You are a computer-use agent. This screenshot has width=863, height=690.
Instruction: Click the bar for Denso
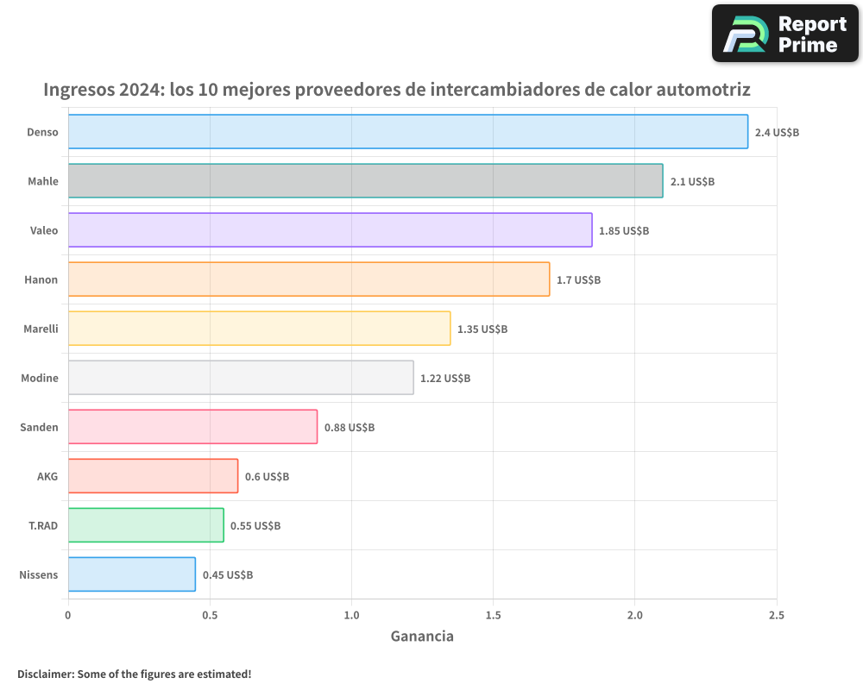[x=407, y=132]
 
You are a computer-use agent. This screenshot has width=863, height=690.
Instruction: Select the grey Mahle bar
[x=365, y=181]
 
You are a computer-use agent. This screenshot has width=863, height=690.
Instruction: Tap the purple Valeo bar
[x=330, y=230]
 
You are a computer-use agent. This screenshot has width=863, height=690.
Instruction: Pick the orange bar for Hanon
[x=308, y=279]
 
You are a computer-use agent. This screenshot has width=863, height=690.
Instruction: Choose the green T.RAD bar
[x=145, y=525]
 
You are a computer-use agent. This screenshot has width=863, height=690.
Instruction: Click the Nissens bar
[x=131, y=574]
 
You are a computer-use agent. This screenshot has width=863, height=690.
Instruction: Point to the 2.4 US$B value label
[x=777, y=133]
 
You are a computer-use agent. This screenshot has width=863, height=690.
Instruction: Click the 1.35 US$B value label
[x=482, y=329]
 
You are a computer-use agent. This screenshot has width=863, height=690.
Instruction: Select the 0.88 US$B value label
[x=350, y=428]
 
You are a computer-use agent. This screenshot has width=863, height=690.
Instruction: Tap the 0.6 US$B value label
[x=267, y=477]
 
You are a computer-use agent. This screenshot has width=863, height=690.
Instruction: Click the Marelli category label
[x=40, y=329]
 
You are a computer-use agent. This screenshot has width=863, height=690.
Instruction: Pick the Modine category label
[x=40, y=378]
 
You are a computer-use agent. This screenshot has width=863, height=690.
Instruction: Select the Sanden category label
[x=39, y=427]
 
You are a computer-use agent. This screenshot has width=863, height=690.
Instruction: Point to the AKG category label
[x=47, y=476]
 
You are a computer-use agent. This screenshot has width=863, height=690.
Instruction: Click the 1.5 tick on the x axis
[x=493, y=615]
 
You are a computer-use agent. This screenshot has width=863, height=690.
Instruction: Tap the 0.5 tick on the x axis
[x=210, y=615]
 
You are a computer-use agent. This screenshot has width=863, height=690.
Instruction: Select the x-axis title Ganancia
[x=422, y=637]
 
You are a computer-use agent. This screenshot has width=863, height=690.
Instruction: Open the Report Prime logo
[x=784, y=34]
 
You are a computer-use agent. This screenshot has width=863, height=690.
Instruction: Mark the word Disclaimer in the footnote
[x=44, y=674]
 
